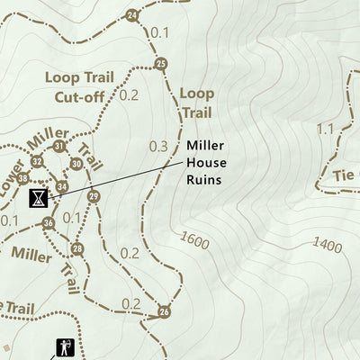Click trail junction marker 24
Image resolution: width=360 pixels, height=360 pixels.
(133, 15)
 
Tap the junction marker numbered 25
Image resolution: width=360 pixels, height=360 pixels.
(161, 63)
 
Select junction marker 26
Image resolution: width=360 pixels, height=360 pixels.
(164, 311)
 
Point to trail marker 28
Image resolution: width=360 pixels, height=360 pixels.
(77, 248)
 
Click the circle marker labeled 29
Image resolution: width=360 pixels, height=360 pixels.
(94, 196)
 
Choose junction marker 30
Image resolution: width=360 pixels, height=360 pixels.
(76, 164)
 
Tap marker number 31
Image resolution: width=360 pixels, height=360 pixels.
(59, 146)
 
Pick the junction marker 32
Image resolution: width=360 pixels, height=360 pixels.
(37, 161)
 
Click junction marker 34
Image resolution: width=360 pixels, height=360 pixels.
(62, 186)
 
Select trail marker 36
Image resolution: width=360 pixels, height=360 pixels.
(49, 222)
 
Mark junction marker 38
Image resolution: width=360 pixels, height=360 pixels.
(22, 178)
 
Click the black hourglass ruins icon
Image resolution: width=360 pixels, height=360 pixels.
(38, 197)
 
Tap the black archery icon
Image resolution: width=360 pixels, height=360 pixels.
(64, 346)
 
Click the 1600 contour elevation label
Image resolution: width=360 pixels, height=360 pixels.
(194, 239)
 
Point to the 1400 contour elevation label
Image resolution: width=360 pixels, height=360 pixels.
(328, 243)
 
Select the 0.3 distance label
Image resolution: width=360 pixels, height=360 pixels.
(159, 146)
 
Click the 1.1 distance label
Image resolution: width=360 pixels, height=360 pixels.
(325, 129)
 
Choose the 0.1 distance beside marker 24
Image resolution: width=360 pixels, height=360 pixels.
(160, 32)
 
